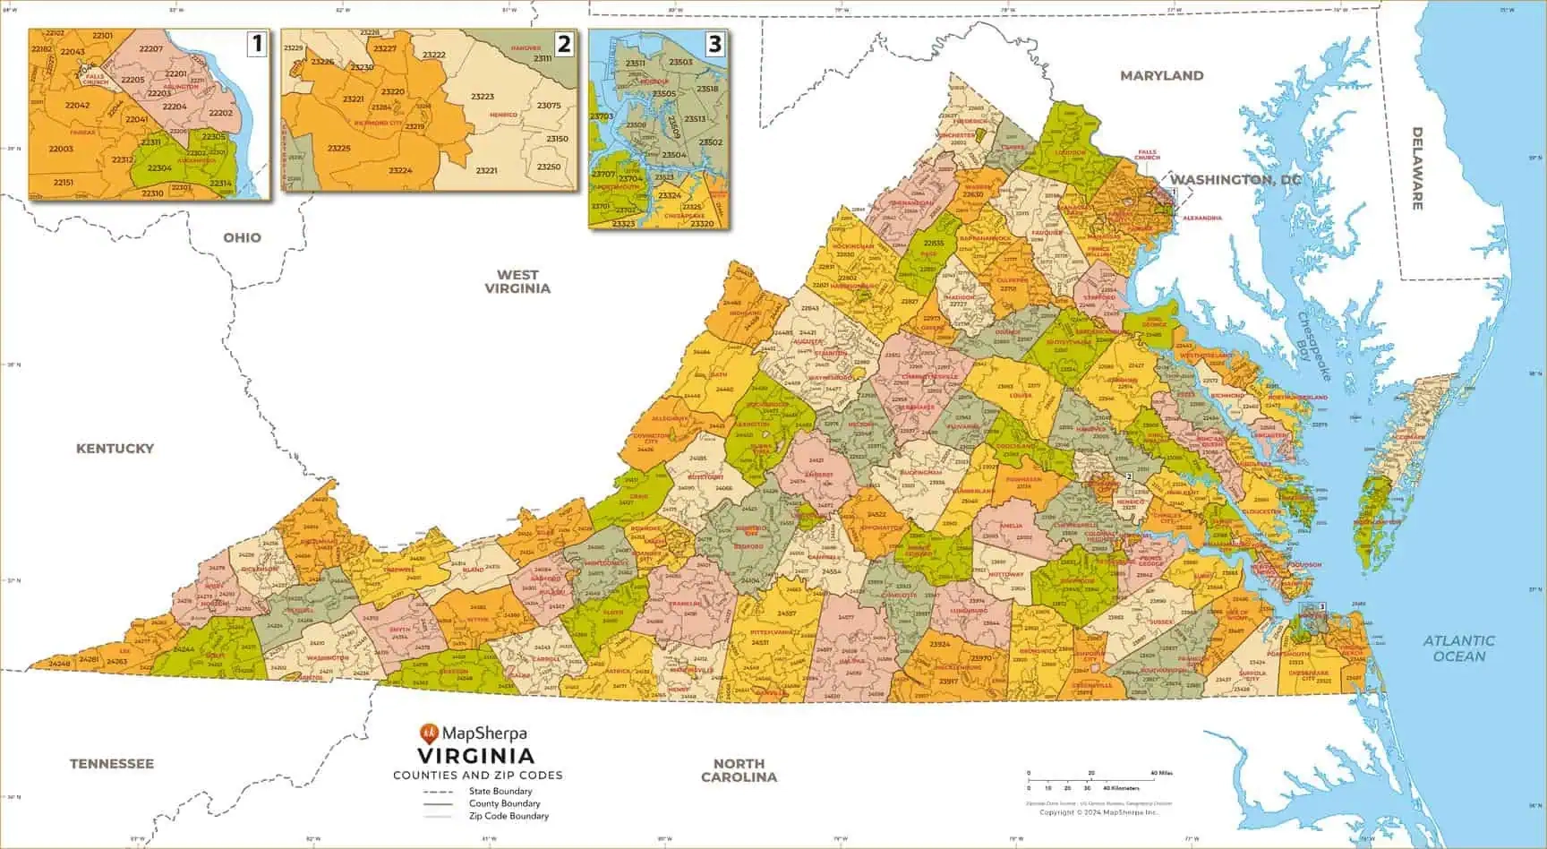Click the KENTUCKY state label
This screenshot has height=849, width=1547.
click(x=115, y=448)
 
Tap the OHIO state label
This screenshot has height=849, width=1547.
click(x=242, y=237)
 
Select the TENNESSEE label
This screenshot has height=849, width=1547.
click(x=112, y=763)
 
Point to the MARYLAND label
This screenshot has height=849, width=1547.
click(x=1161, y=75)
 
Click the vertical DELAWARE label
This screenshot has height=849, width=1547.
click(x=1417, y=168)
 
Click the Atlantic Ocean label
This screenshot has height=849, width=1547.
click(x=1458, y=647)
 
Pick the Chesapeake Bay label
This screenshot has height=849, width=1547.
click(x=1312, y=345)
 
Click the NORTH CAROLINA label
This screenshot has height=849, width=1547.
click(x=739, y=770)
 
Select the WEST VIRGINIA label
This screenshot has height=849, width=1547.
click(x=517, y=281)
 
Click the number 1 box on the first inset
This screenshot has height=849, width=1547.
click(x=257, y=43)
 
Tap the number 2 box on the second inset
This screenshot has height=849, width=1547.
click(x=563, y=43)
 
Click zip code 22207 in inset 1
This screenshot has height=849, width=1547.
click(x=151, y=48)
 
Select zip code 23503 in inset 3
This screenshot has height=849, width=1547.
click(x=680, y=63)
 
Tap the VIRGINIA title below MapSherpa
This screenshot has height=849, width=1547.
click(x=476, y=756)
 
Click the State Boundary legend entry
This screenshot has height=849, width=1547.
click(x=500, y=792)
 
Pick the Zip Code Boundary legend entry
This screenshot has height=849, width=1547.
click(x=509, y=816)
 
